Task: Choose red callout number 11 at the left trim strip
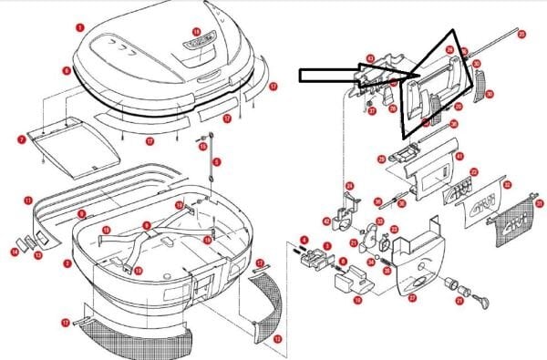pos(27,200)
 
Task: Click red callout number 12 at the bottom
pos(277,338)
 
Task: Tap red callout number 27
pos(411,297)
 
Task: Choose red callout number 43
pos(370,58)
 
